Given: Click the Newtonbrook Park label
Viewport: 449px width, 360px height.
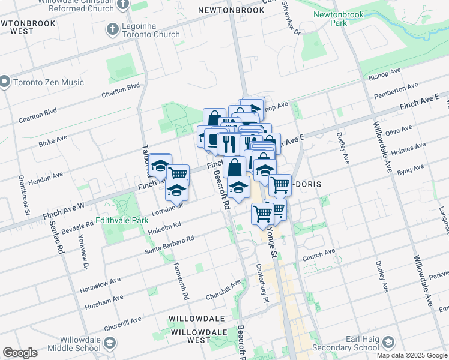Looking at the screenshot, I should click(x=330, y=18).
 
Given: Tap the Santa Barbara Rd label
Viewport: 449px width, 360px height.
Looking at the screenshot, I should click(x=170, y=242).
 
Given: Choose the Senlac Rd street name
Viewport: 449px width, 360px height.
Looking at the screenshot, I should click(x=61, y=241).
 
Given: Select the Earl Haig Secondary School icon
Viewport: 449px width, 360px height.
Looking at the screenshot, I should click(x=388, y=343).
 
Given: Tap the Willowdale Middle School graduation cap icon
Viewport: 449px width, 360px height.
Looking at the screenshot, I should click(x=110, y=343).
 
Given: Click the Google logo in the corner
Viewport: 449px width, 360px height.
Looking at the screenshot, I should click(x=20, y=353).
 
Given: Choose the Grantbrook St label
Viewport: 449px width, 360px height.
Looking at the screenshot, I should click(x=23, y=194).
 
